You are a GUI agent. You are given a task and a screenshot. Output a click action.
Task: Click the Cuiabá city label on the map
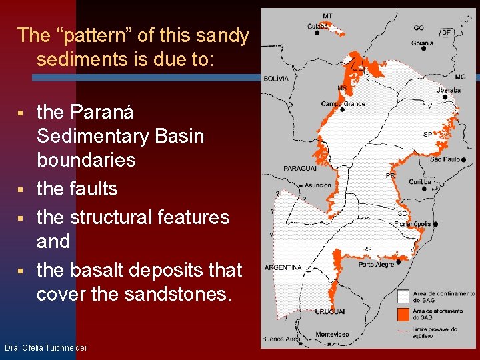(317, 26)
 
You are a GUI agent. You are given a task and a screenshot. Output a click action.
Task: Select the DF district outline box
(446, 32)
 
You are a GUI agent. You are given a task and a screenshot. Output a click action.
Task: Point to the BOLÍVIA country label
(276, 78)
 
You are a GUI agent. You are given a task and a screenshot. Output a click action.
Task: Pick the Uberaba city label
(448, 90)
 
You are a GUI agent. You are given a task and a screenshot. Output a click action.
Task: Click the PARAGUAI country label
(299, 169)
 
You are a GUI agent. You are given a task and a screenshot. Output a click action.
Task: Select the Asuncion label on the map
(318, 185)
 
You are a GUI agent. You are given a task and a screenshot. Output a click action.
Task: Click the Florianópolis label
(412, 224)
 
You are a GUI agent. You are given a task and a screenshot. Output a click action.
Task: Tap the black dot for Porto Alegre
(398, 262)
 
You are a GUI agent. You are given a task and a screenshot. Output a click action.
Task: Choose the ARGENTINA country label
(283, 267)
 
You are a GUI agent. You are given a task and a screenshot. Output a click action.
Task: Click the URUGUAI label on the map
(330, 311)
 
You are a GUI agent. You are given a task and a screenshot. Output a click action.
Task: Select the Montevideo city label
(332, 334)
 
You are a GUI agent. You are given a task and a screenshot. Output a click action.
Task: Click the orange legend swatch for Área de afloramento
(403, 314)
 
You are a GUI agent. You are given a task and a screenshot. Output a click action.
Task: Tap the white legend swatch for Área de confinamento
(403, 296)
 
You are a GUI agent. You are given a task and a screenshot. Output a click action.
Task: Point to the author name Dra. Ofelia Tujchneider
(45, 348)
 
